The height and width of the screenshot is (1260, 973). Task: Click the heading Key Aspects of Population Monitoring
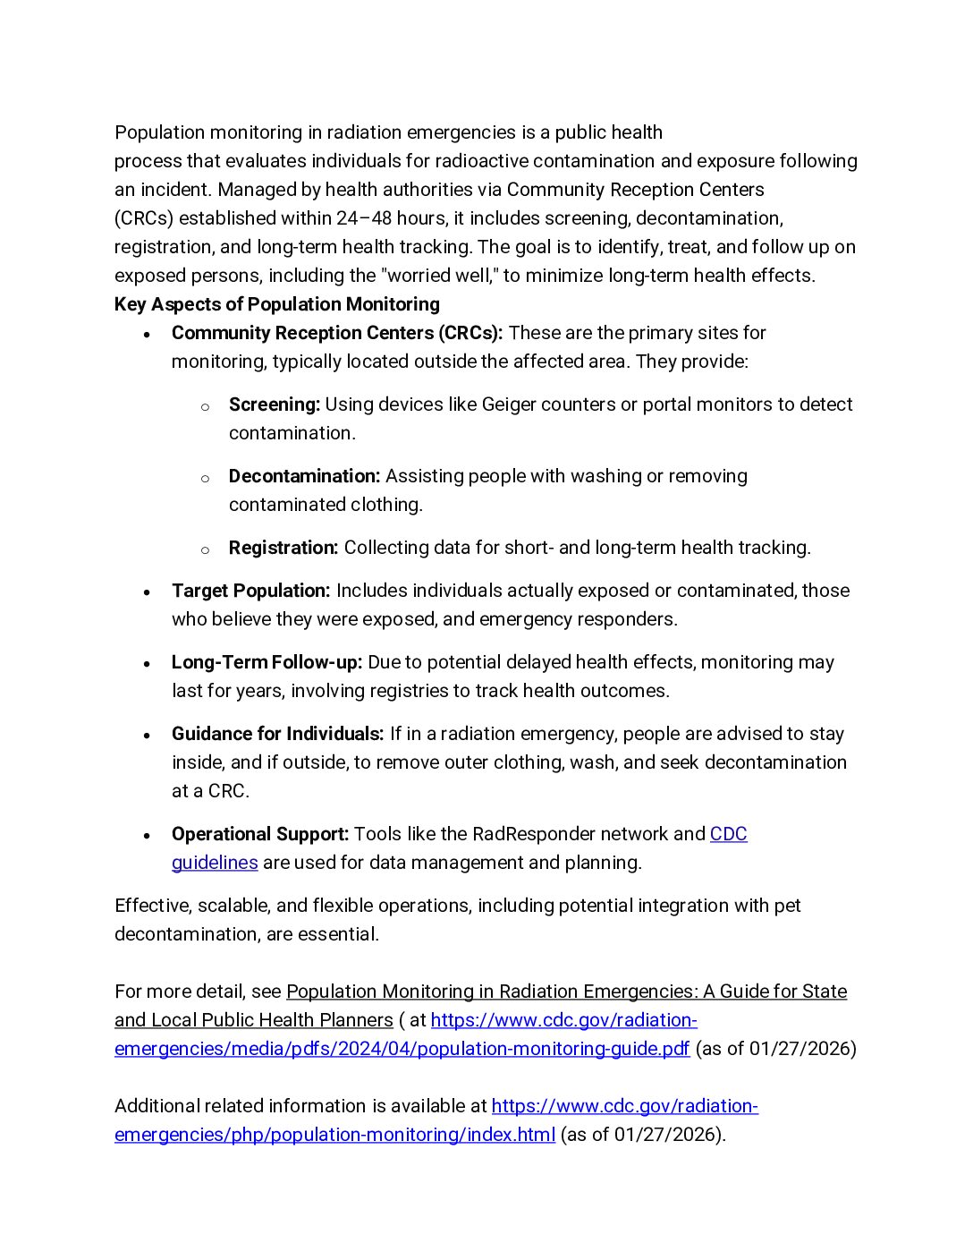pyautogui.click(x=276, y=304)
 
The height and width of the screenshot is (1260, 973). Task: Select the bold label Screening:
pyautogui.click(x=274, y=404)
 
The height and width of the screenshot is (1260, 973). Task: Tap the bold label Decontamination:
pyautogui.click(x=304, y=476)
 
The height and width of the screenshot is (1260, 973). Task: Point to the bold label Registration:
pyautogui.click(x=283, y=548)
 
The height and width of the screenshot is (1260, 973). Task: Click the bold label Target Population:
pyautogui.click(x=250, y=591)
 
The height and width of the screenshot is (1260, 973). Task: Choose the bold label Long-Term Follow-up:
pyautogui.click(x=267, y=662)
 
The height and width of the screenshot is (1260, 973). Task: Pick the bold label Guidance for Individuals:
pyautogui.click(x=277, y=734)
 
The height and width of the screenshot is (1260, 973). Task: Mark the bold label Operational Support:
pyautogui.click(x=259, y=834)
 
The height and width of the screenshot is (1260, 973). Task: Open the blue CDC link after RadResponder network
pyautogui.click(x=728, y=834)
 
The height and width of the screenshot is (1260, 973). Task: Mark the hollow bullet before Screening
pyautogui.click(x=205, y=406)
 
